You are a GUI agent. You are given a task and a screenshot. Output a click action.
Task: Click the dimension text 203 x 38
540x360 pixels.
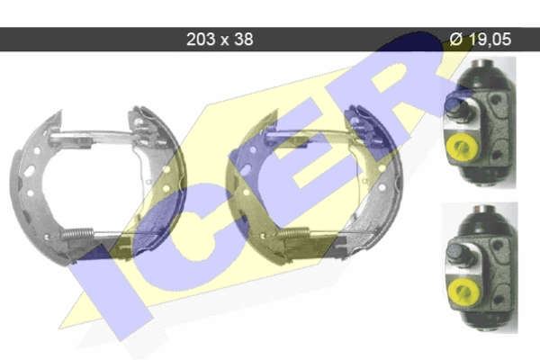point(220,40)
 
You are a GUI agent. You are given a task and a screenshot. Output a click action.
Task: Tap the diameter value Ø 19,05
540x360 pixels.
point(480,39)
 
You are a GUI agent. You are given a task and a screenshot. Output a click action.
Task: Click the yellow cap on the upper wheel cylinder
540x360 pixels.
point(461,148)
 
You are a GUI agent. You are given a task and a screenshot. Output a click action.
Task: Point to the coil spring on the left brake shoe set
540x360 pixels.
point(77,234)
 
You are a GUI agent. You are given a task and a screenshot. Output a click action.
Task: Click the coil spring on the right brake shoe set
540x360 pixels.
point(293,233)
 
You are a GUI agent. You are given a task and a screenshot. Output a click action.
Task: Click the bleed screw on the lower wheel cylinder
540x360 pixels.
point(460,254)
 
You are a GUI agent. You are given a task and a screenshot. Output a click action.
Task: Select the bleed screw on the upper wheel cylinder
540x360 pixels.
point(459,107)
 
